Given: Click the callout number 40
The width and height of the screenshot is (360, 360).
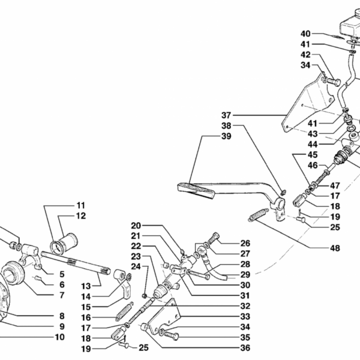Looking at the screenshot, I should pyautogui.click(x=305, y=33).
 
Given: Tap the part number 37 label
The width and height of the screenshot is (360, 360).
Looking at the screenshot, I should pyautogui.click(x=225, y=115).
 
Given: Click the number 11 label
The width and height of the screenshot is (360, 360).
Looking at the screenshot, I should pyautogui.click(x=81, y=205).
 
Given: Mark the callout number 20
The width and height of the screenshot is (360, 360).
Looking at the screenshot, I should pyautogui.click(x=136, y=226).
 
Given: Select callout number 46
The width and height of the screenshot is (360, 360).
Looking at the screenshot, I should pyautogui.click(x=313, y=164).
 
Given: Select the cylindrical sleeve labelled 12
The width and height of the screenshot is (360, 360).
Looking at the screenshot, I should pyautogui.click(x=65, y=245).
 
